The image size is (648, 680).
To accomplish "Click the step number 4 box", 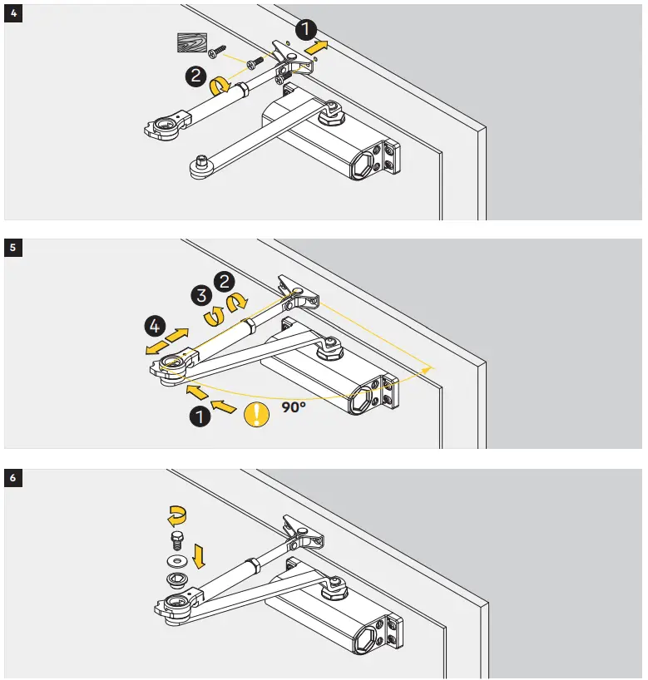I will (x=11, y=12).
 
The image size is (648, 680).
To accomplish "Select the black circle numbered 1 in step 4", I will (x=306, y=30).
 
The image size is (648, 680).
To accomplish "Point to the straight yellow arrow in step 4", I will (x=317, y=49).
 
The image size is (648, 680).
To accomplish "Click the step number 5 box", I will (x=11, y=245).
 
